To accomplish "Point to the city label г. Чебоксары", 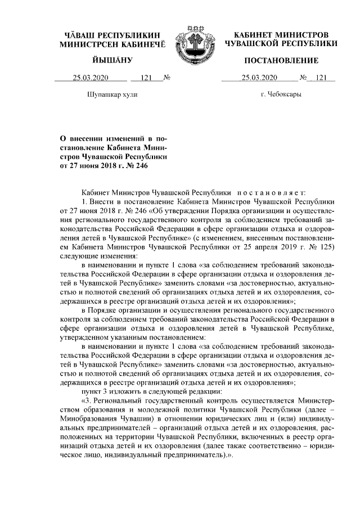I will [x=281, y=95].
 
